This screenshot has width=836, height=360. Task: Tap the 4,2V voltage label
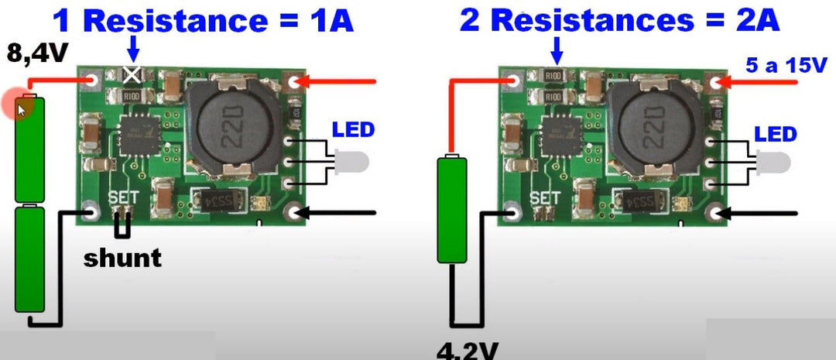tap(467, 350)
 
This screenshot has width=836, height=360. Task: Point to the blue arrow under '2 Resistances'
tap(556, 50)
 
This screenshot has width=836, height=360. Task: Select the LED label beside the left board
tap(353, 129)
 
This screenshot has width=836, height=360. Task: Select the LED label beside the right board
tap(776, 134)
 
